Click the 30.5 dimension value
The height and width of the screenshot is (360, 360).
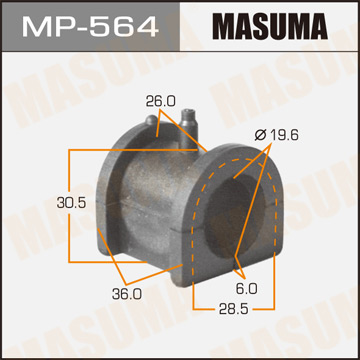[42, 199]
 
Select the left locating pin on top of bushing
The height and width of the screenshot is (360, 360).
[149, 124]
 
